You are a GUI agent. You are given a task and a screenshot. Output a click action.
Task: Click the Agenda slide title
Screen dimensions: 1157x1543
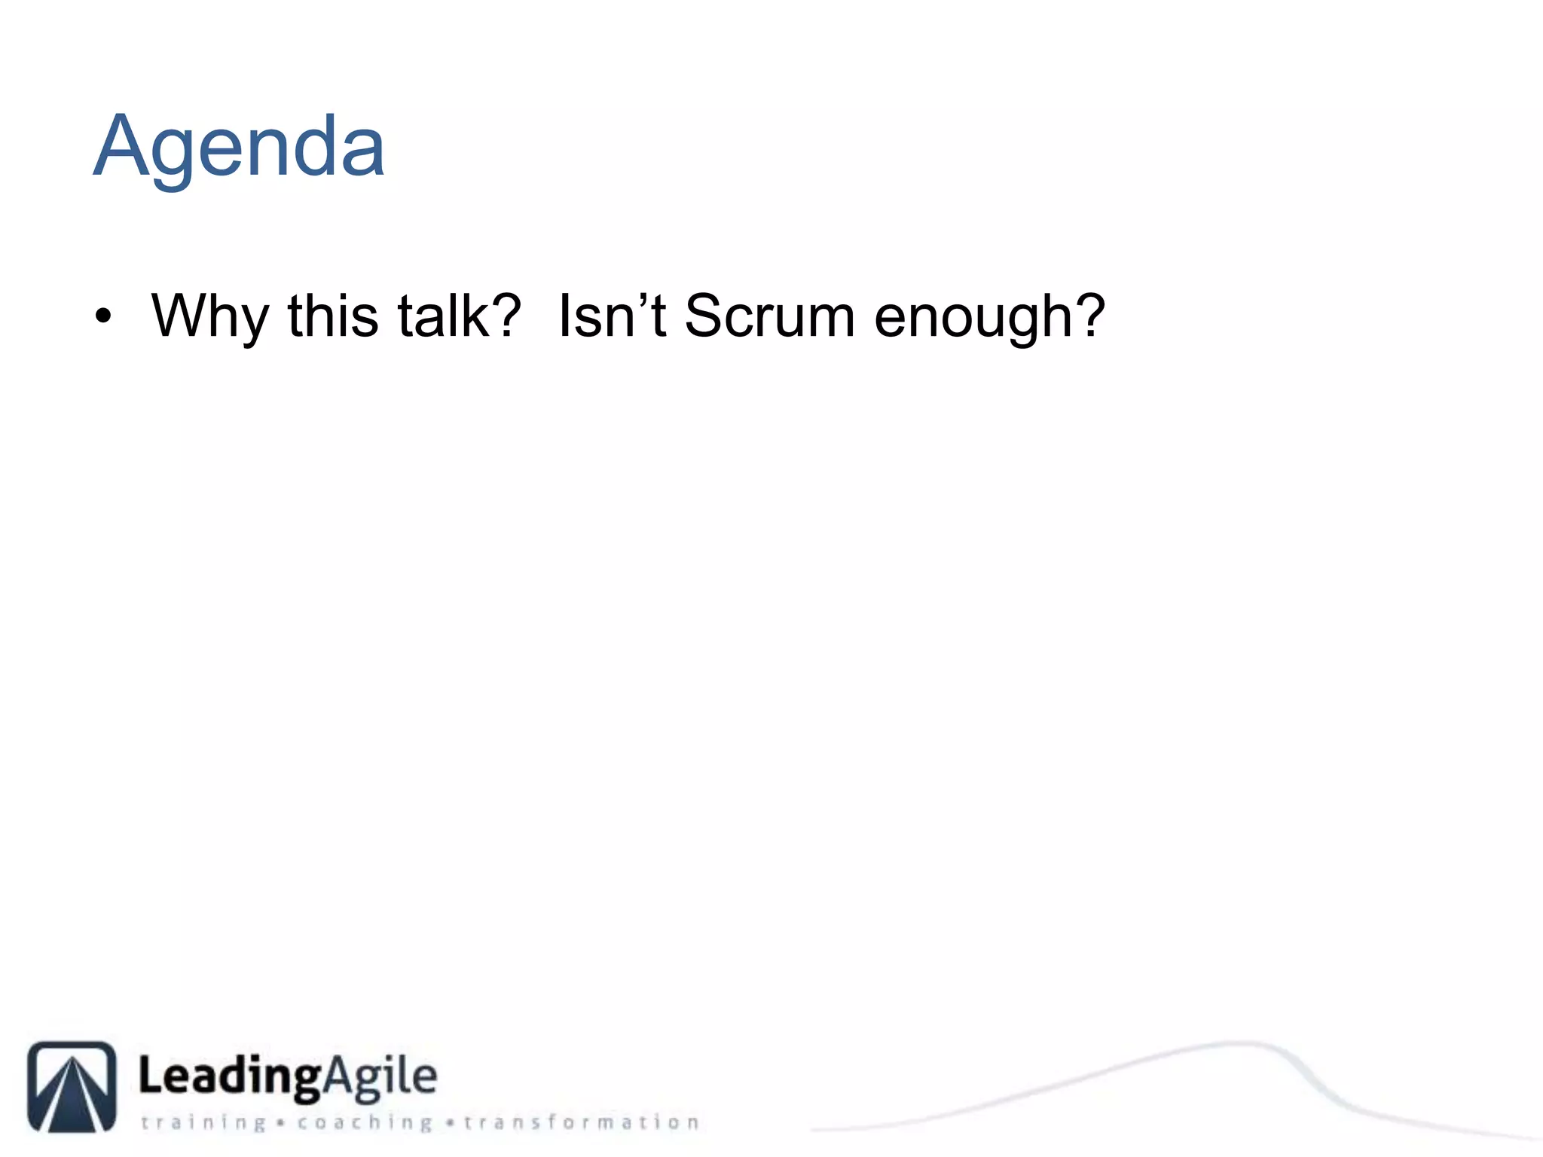click(239, 146)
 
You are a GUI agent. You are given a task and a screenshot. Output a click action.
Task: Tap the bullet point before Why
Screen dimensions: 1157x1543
click(103, 316)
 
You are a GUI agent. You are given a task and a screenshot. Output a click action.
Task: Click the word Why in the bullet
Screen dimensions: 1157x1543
click(209, 316)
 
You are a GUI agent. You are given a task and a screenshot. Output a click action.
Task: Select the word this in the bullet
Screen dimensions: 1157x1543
click(332, 316)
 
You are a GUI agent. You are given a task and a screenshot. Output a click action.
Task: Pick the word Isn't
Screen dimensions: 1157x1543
click(612, 316)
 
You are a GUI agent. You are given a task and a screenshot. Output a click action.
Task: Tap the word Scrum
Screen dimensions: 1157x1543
click(769, 316)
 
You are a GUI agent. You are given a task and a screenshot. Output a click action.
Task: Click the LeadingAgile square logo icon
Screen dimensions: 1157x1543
click(72, 1086)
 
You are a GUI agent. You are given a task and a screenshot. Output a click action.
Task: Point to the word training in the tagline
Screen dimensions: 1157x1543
click(203, 1122)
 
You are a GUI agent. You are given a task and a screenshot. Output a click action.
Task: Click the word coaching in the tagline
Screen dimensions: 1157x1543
click(365, 1122)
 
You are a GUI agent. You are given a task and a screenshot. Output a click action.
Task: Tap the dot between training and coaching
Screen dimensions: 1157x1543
click(280, 1123)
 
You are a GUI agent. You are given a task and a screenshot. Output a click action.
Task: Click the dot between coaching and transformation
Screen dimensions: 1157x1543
click(450, 1123)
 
